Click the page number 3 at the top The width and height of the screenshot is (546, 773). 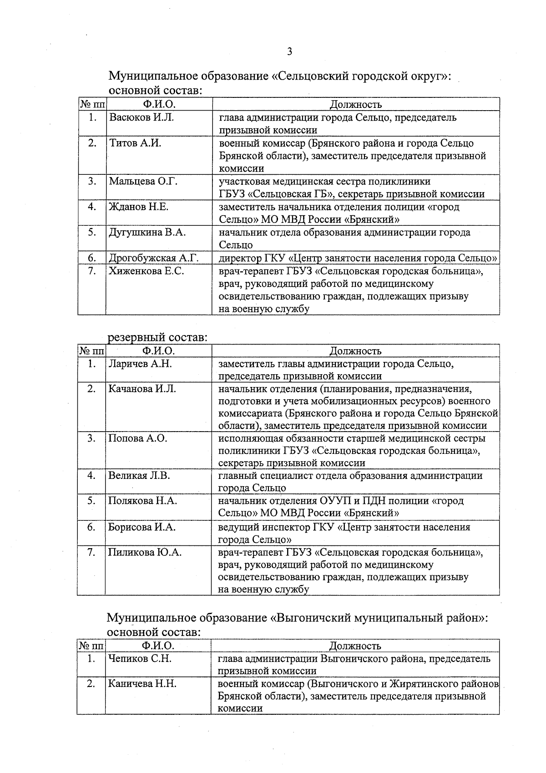[289, 52]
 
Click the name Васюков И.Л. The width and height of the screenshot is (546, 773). [141, 117]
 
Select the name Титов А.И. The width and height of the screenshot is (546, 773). [135, 143]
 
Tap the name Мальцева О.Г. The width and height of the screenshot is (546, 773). [143, 181]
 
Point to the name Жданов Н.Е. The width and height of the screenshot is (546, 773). [138, 207]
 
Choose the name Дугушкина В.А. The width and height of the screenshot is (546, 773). [147, 232]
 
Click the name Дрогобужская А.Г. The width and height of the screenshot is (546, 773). [154, 258]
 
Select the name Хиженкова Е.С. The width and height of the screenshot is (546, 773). [146, 271]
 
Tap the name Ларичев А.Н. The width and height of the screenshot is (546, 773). [140, 364]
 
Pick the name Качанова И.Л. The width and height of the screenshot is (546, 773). [142, 389]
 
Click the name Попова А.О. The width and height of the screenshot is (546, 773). [138, 438]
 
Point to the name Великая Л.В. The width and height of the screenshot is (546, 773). [139, 475]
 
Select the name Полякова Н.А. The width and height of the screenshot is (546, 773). [142, 501]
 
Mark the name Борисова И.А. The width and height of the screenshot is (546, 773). [142, 527]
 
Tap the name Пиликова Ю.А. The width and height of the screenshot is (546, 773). [145, 553]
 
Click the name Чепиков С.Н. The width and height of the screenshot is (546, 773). [140, 658]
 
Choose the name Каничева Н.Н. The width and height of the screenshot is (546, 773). [142, 684]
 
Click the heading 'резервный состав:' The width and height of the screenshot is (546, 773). [157, 338]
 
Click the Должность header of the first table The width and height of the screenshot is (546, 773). [355, 105]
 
